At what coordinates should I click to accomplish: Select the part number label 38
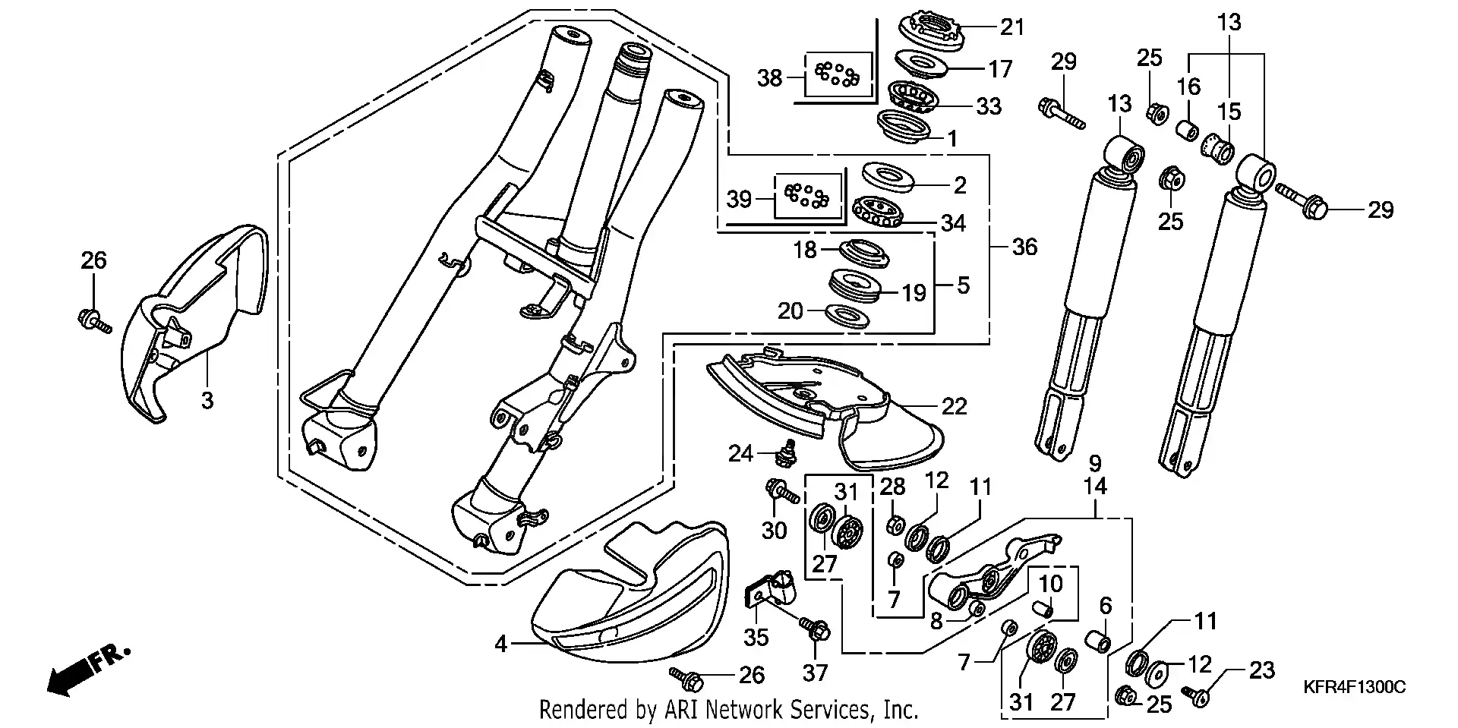[770, 77]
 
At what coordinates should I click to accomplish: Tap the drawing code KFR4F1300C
[1355, 687]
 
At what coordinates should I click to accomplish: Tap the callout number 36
[1024, 247]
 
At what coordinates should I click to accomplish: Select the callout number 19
[914, 292]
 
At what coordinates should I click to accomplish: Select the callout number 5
[963, 285]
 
